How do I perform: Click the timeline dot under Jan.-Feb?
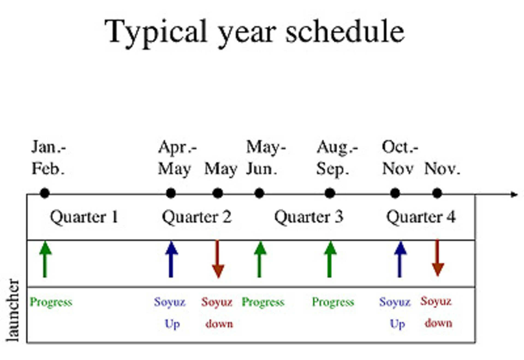tap(45, 193)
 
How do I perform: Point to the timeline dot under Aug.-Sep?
tap(330, 193)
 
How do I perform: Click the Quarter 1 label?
tap(84, 217)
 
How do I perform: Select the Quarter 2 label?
tap(196, 217)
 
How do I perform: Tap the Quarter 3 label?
tap(309, 217)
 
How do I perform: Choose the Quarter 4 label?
tap(421, 217)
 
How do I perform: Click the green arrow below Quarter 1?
tap(45, 259)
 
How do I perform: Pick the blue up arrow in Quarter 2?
tap(171, 259)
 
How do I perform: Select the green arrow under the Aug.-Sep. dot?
tap(330, 259)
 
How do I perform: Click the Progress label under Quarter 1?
tap(51, 302)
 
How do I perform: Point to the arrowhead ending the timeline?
tap(514, 194)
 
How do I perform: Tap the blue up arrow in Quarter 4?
tap(400, 259)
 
